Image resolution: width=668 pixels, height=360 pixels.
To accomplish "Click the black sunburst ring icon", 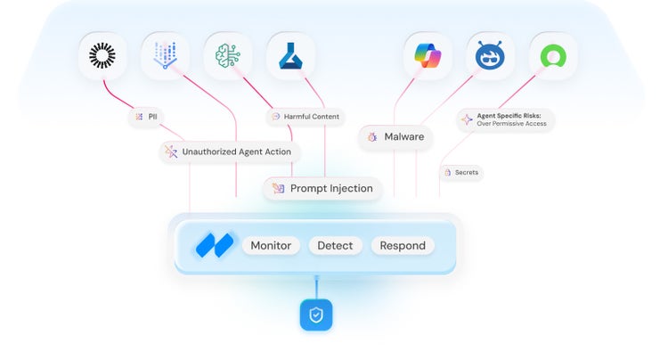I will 103,57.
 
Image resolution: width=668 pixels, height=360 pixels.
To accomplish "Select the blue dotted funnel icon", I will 166,57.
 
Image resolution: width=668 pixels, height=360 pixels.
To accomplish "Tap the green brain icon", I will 228,57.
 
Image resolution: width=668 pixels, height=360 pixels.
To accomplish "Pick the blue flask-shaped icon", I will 290,57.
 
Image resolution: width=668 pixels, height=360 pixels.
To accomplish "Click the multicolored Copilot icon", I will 428,57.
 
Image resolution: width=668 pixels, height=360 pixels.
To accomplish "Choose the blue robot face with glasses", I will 491,57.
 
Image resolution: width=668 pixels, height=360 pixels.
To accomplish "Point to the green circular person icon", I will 553,57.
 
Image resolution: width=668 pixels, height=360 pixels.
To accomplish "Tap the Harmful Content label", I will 305,117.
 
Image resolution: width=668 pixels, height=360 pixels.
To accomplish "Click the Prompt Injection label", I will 323,188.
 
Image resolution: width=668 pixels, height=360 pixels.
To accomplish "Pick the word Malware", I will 403,136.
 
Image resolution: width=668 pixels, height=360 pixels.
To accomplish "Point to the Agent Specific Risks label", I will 506,119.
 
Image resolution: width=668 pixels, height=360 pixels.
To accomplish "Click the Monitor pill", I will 271,245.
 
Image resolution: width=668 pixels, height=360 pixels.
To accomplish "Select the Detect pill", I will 335,245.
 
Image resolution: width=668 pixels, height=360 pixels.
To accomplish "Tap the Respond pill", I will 403,245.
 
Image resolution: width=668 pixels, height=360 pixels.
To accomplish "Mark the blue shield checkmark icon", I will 316,315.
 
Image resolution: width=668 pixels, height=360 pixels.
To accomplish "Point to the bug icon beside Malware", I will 373,137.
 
